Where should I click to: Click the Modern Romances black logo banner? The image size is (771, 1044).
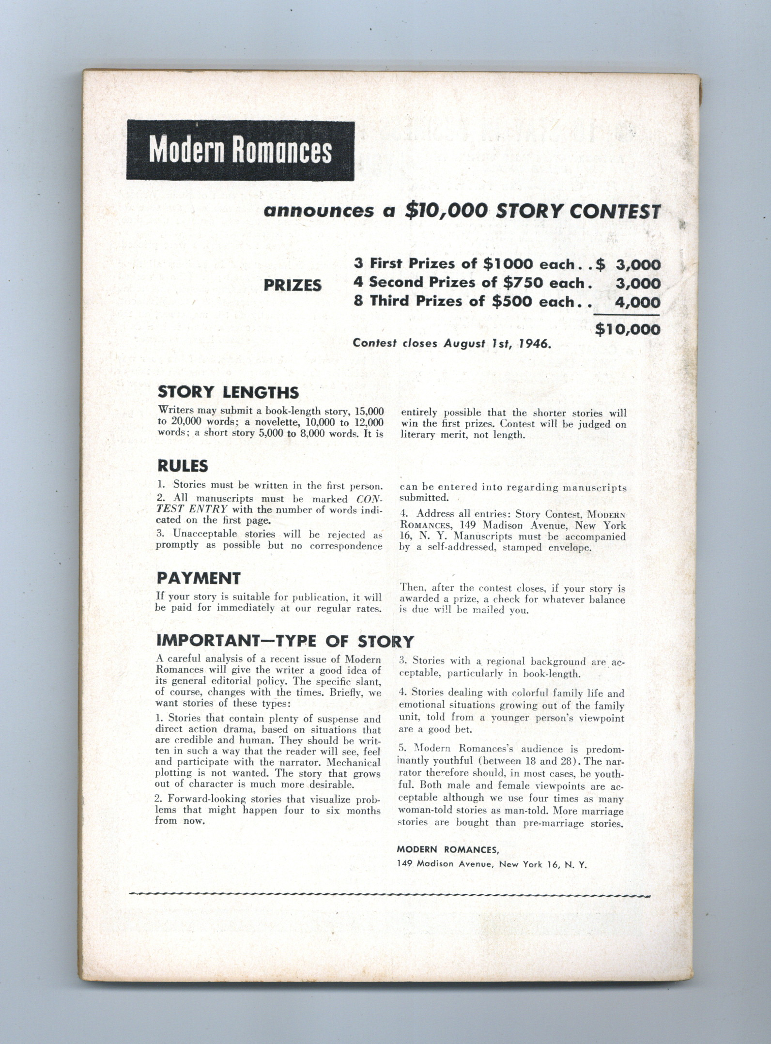point(240,151)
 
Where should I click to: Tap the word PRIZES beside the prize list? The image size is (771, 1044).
point(293,285)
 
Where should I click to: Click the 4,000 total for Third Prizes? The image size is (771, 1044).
point(637,303)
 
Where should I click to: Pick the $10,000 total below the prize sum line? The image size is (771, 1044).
point(627,329)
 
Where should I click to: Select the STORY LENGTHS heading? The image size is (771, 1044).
point(228,392)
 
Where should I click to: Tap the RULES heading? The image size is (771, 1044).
point(183,466)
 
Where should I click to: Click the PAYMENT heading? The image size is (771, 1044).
point(199,578)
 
